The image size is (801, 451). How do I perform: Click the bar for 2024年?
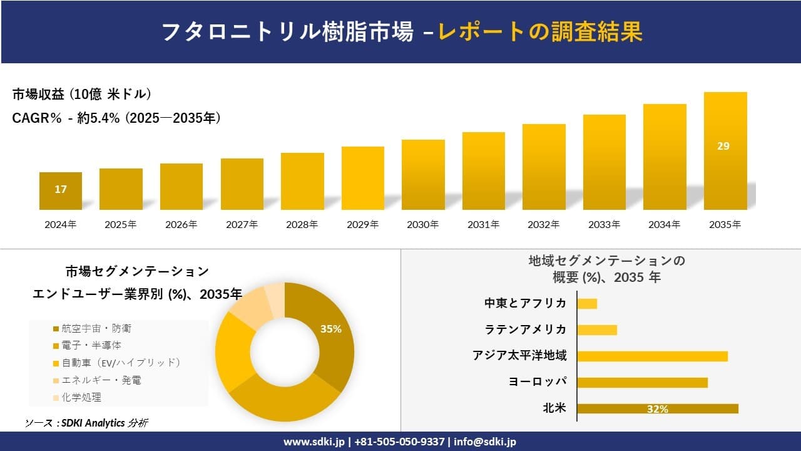pyautogui.click(x=61, y=191)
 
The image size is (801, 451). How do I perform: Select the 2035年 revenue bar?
pyautogui.click(x=725, y=151)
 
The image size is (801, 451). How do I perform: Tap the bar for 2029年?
pyautogui.click(x=363, y=178)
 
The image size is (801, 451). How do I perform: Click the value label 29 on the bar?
pyautogui.click(x=723, y=146)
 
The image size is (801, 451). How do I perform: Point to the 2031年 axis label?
pyautogui.click(x=483, y=224)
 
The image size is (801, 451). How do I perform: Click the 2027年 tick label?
pyautogui.click(x=242, y=224)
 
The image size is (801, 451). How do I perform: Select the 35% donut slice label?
pyautogui.click(x=330, y=329)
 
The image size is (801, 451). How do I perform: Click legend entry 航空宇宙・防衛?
pyautogui.click(x=96, y=328)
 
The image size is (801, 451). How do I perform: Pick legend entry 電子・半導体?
pyautogui.click(x=91, y=345)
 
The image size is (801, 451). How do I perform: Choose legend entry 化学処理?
pyautogui.click(x=81, y=397)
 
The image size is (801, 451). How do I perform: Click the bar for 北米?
pyautogui.click(x=658, y=409)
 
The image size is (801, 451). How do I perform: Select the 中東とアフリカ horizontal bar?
pyautogui.click(x=587, y=304)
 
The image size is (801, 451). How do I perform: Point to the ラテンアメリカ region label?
pyautogui.click(x=526, y=329)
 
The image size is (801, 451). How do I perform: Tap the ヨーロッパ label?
pyautogui.click(x=538, y=382)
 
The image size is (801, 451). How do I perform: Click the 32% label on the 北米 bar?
pyautogui.click(x=658, y=409)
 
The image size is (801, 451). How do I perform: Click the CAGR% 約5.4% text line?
pyautogui.click(x=116, y=118)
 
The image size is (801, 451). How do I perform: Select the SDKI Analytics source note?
pyautogui.click(x=86, y=423)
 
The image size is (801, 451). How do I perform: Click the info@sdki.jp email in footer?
pyautogui.click(x=485, y=442)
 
